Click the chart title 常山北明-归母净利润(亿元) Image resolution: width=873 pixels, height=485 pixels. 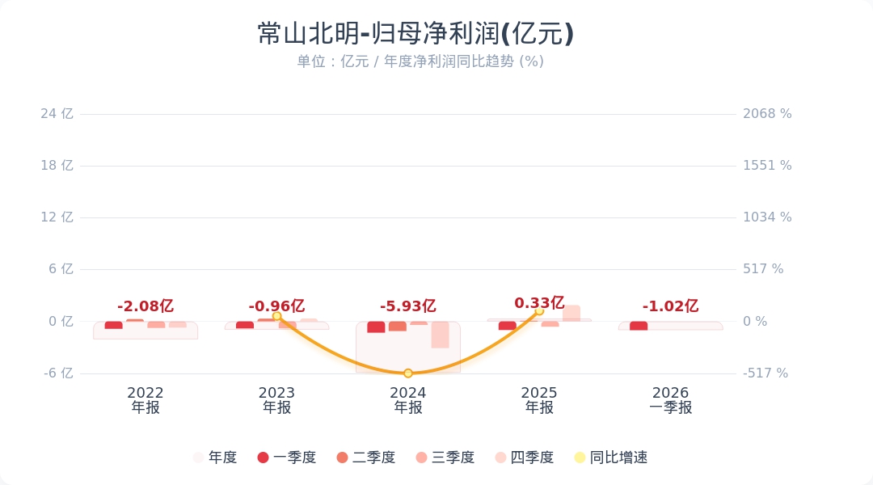[x=415, y=34]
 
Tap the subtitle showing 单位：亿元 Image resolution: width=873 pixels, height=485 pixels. [x=420, y=61]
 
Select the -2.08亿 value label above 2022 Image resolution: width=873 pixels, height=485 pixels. [x=145, y=306]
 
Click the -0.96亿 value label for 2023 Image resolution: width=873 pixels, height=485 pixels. [x=276, y=306]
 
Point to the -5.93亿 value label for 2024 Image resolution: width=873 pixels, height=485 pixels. [x=408, y=306]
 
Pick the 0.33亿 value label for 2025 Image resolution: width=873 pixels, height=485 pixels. [x=539, y=303]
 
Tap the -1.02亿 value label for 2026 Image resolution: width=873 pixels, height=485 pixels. [x=670, y=306]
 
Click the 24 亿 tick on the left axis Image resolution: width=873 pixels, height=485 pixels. [x=57, y=114]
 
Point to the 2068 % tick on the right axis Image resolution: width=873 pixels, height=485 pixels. [x=767, y=114]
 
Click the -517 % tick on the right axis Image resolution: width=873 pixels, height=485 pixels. [x=765, y=373]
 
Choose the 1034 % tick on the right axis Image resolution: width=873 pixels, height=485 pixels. [x=767, y=217]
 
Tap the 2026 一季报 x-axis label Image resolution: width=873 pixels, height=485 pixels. [x=670, y=400]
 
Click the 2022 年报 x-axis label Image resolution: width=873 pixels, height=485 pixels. [x=145, y=400]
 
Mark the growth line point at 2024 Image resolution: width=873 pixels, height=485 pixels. [x=408, y=373]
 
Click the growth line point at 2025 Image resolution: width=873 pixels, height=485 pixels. [x=539, y=310]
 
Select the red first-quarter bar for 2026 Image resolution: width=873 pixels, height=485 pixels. [x=639, y=326]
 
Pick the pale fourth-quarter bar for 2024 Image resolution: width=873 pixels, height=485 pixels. [x=440, y=335]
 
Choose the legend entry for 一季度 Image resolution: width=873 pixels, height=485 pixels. [x=286, y=458]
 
